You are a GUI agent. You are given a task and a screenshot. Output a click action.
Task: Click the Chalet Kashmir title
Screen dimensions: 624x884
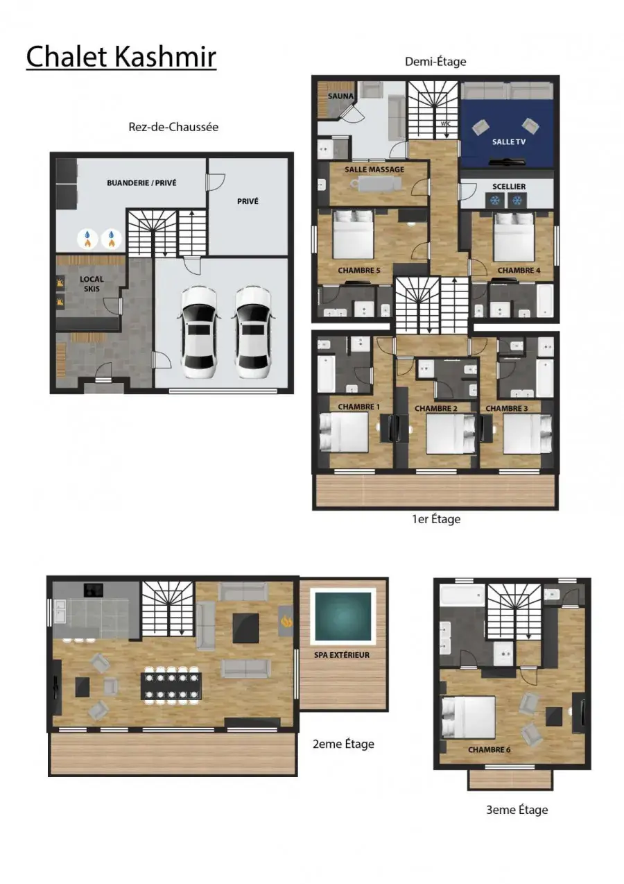tap(121, 57)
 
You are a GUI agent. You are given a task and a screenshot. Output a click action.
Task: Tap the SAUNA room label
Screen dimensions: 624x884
tap(341, 96)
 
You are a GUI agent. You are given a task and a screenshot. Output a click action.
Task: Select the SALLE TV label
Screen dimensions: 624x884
tap(509, 142)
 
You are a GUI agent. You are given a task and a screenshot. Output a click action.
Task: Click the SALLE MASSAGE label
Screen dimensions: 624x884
tap(374, 169)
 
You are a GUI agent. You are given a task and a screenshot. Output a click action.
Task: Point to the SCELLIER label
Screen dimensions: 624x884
tap(509, 186)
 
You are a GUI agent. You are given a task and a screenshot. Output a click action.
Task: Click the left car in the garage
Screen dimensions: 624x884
tap(200, 332)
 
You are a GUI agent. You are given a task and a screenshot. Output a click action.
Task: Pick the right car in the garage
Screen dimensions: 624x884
tap(253, 332)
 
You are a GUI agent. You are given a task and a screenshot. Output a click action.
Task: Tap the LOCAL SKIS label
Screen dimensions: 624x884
tap(92, 284)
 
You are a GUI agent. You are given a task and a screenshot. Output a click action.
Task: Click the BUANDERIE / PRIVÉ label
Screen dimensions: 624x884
tap(141, 182)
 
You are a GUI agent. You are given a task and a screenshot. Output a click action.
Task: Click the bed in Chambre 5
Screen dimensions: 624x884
tap(353, 234)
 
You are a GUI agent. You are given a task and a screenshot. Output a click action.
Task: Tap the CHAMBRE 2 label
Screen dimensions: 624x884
tap(436, 409)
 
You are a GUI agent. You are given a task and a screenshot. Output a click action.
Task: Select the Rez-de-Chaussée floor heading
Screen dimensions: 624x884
tap(173, 127)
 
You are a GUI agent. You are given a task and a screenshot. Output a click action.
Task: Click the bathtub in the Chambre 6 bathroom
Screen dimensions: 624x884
tap(462, 596)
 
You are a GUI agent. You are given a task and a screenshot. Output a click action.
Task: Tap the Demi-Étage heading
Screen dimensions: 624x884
tap(435, 62)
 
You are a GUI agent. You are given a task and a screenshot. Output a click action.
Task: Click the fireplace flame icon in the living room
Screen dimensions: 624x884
tap(286, 622)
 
